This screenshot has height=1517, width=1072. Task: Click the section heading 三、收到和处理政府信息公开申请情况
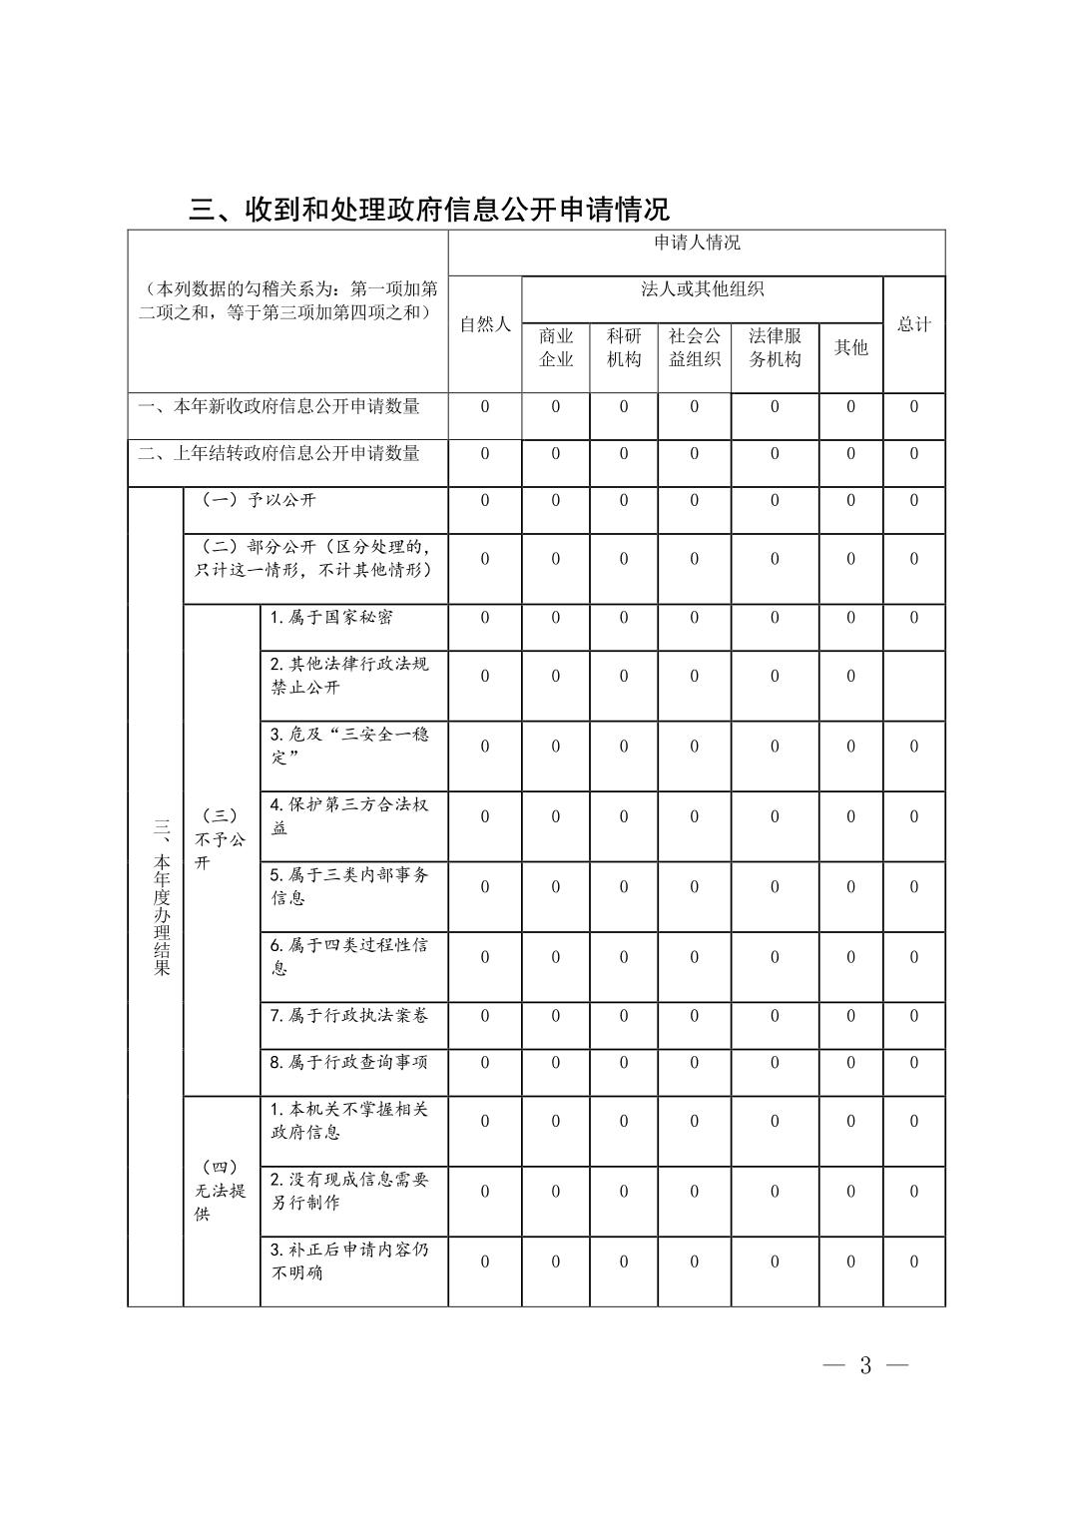(x=429, y=209)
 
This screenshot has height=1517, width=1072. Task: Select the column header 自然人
(x=484, y=324)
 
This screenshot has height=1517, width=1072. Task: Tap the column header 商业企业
(x=556, y=347)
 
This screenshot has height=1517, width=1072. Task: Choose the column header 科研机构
(x=624, y=347)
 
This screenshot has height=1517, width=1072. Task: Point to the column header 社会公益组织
(x=694, y=347)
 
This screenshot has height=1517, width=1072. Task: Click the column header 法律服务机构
(x=775, y=347)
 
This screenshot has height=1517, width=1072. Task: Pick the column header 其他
(x=850, y=347)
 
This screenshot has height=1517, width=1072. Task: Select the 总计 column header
(x=913, y=324)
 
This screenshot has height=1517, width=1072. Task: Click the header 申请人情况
(x=697, y=243)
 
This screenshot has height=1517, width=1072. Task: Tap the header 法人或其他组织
(x=702, y=289)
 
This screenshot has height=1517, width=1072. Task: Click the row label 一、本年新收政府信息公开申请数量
(x=279, y=406)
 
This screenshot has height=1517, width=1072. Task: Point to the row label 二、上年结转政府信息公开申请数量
(x=279, y=453)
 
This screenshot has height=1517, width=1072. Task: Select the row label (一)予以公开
(x=259, y=500)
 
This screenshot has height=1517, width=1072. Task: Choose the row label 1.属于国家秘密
(x=331, y=617)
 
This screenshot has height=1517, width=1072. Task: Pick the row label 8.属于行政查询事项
(x=348, y=1062)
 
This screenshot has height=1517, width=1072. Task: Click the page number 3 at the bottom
(x=865, y=1365)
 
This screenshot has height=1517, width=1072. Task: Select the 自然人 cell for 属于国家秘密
(x=485, y=617)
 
